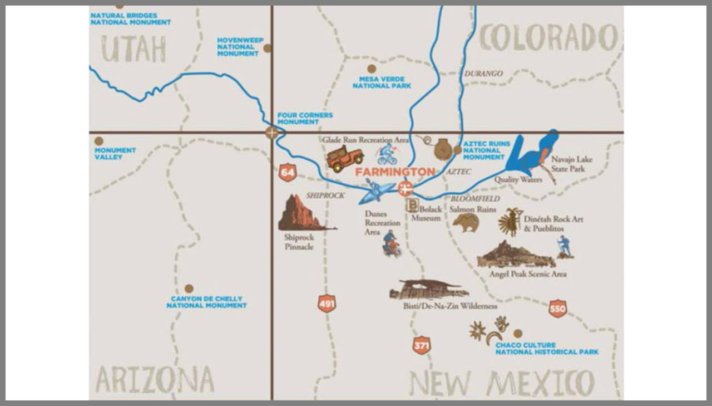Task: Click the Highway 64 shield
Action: pyautogui.click(x=288, y=173)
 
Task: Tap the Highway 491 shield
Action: pyautogui.click(x=327, y=304)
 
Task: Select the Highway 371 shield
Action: pyautogui.click(x=422, y=345)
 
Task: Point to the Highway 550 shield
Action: pyautogui.click(x=557, y=309)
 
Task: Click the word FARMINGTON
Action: pyautogui.click(x=395, y=172)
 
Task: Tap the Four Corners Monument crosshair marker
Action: pyautogui.click(x=271, y=133)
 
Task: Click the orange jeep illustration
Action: pyautogui.click(x=344, y=158)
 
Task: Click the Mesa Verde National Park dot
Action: pyautogui.click(x=372, y=69)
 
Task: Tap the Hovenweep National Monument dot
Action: pyautogui.click(x=268, y=48)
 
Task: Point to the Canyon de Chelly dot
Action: pyautogui.click(x=189, y=288)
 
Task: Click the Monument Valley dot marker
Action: pyautogui.click(x=98, y=141)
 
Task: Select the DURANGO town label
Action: pyautogui.click(x=483, y=74)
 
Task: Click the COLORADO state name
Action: pyautogui.click(x=548, y=38)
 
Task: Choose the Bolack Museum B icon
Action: pyautogui.click(x=412, y=205)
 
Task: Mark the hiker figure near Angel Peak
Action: pyautogui.click(x=565, y=247)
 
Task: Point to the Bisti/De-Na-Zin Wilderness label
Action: pyautogui.click(x=450, y=306)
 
